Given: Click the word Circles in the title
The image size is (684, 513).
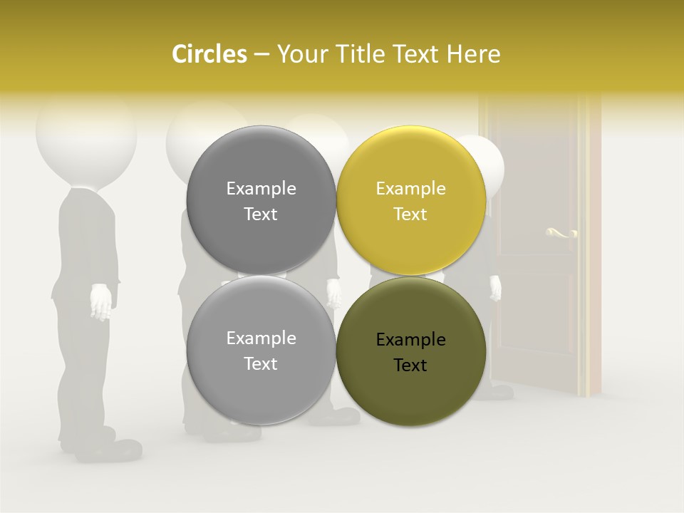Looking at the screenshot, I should pos(209,54).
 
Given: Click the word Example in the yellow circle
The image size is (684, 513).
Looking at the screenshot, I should pos(410,189).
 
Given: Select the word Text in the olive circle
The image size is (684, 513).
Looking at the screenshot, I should pos(410,366).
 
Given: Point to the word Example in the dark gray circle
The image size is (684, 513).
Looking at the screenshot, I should pos(261,189).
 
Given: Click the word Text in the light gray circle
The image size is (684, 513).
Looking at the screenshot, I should pos(261,364).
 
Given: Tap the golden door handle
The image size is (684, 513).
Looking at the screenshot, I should pos(560,232).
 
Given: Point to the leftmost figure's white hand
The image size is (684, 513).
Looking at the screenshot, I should pos(102,301).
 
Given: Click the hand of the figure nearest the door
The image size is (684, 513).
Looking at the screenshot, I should pos(494,287).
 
